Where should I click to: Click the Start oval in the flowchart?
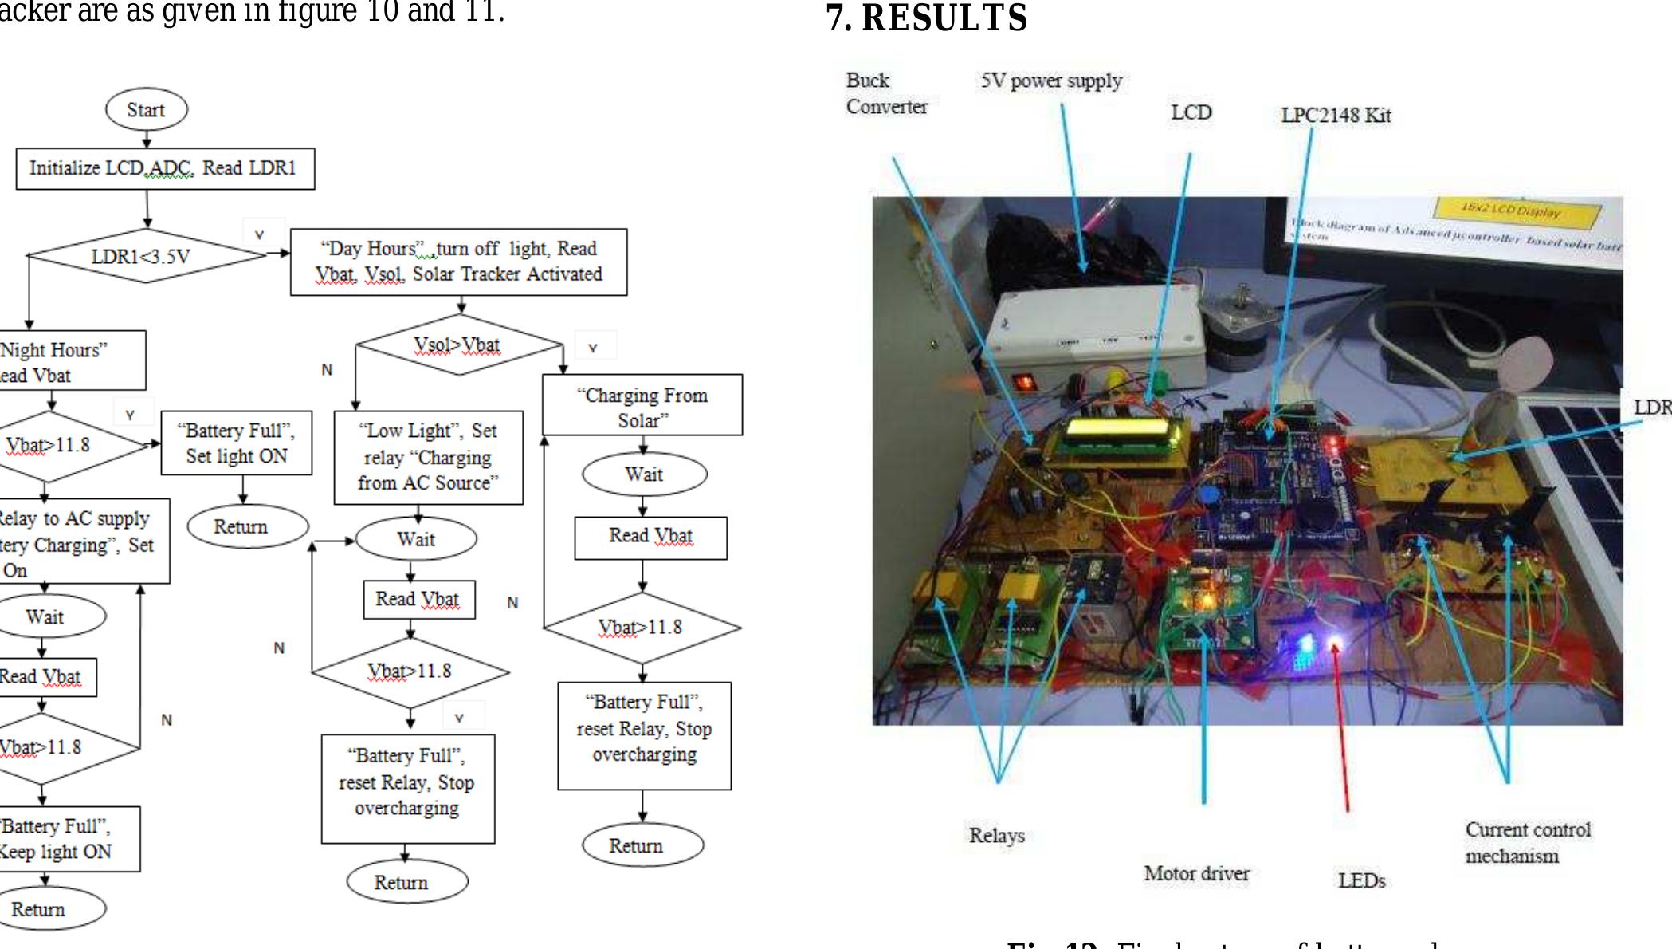pos(147,110)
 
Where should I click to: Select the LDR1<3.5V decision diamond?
pos(142,257)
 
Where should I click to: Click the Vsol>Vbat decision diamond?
pos(458,345)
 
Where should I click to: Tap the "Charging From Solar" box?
pos(642,407)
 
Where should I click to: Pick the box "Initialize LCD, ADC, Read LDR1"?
pos(165,168)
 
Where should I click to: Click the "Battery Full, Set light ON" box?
pos(237,443)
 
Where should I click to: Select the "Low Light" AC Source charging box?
pos(428,457)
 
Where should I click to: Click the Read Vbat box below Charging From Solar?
pos(650,537)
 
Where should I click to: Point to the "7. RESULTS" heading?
pos(927,18)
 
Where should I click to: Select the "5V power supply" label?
pos(1051,81)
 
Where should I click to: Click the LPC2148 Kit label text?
pos(1336,116)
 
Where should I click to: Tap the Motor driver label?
pos(1196,874)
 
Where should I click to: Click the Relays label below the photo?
pos(996,836)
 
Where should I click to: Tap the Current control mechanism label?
pos(1527,843)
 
